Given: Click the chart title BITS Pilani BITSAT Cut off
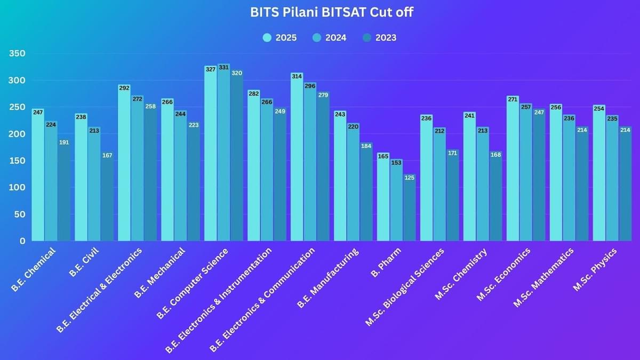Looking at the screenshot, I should (331, 12).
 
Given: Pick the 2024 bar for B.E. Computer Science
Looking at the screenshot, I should (223, 155).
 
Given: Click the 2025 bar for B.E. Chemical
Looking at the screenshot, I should (38, 176).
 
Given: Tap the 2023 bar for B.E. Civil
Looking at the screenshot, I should (107, 197).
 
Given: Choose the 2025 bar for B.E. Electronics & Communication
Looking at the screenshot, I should (297, 157).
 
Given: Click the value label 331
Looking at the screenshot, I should (223, 67).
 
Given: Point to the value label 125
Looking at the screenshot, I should (410, 178).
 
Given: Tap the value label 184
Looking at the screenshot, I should (366, 146).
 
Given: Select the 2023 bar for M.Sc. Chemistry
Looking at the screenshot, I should (495, 197).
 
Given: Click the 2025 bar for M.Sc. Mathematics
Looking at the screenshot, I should (556, 173).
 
